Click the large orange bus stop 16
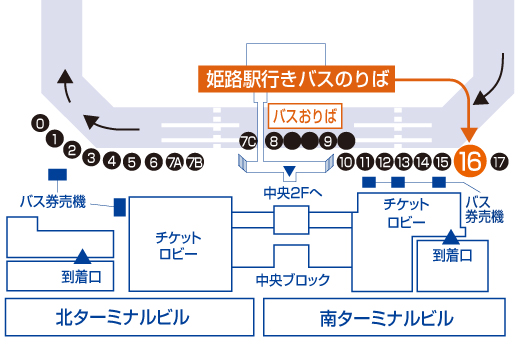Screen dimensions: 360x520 pos(470,160)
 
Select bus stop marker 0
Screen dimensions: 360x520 pos(39,123)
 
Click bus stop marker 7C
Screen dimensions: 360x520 pos(249,141)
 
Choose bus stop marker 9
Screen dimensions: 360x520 pos(327,141)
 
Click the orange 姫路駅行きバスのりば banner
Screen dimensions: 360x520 pos(294,77)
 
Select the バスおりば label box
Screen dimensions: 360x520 pos(306,113)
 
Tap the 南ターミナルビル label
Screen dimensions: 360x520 pos(385,319)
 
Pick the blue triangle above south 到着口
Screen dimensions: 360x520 pos(451,237)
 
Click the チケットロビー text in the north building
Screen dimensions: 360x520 pos(176,244)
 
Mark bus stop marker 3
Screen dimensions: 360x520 pos(91,158)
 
